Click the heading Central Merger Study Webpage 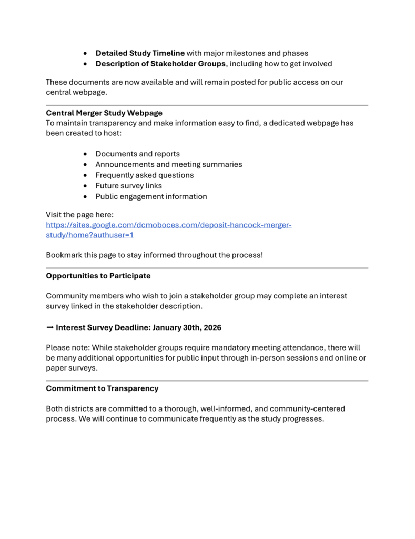[x=104, y=113]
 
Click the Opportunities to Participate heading [x=98, y=276]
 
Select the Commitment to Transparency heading [x=102, y=388]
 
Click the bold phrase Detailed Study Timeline [x=140, y=53]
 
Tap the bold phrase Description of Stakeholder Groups [x=160, y=64]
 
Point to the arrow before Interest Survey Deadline [x=49, y=327]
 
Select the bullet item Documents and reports [x=137, y=154]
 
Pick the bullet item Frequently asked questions [x=144, y=175]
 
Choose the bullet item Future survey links [x=128, y=186]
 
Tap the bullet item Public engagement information [x=151, y=196]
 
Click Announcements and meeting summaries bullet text [x=168, y=164]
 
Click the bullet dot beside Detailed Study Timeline [x=86, y=53]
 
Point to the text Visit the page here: [x=79, y=215]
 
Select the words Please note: [x=66, y=348]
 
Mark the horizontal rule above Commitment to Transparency [x=207, y=381]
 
